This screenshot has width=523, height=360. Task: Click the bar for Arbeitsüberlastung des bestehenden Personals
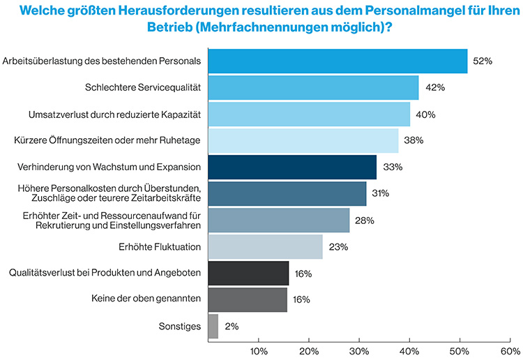pos(338,61)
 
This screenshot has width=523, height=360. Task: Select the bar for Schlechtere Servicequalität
pos(313,88)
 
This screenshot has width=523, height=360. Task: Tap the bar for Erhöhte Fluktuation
pos(265,246)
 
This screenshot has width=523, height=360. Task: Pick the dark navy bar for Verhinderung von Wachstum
pos(292,167)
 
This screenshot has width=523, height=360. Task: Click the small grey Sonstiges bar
pos(213,326)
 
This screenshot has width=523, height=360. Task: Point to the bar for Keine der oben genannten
pos(248,299)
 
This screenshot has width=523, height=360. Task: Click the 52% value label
pos(483,61)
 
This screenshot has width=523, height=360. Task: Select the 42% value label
pos(434,88)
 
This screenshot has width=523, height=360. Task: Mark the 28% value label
pos(364,220)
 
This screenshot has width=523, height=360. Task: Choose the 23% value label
pos(338,247)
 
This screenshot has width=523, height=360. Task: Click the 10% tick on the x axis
pos(259,350)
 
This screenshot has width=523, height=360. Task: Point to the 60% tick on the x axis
pos(510,350)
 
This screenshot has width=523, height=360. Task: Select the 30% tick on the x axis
pos(359,350)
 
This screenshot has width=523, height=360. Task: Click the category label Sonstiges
pos(181,326)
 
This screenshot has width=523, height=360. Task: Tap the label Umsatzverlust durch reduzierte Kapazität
pos(114,114)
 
